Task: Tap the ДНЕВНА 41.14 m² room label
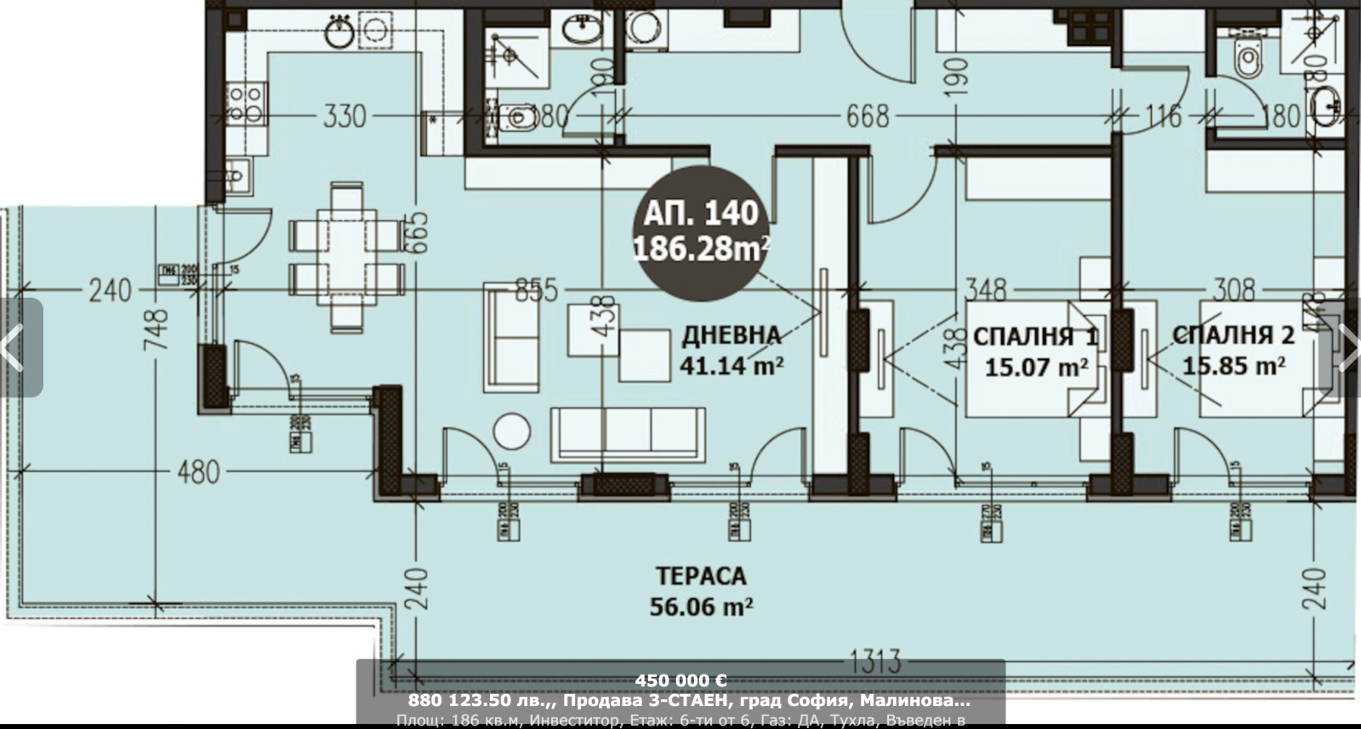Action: [x=732, y=350]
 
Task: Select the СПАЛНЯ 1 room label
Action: [x=1036, y=351]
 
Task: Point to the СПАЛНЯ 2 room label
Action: [x=1233, y=350]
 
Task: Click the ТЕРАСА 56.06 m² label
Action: [x=701, y=591]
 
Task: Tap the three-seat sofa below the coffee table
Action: [x=628, y=433]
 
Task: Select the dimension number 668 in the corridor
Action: [x=867, y=116]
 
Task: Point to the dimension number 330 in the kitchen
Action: [x=344, y=116]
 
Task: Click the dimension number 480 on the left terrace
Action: [x=197, y=472]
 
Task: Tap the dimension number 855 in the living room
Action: [x=536, y=290]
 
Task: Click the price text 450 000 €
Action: [x=680, y=681]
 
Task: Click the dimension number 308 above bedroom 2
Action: [x=1233, y=290]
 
